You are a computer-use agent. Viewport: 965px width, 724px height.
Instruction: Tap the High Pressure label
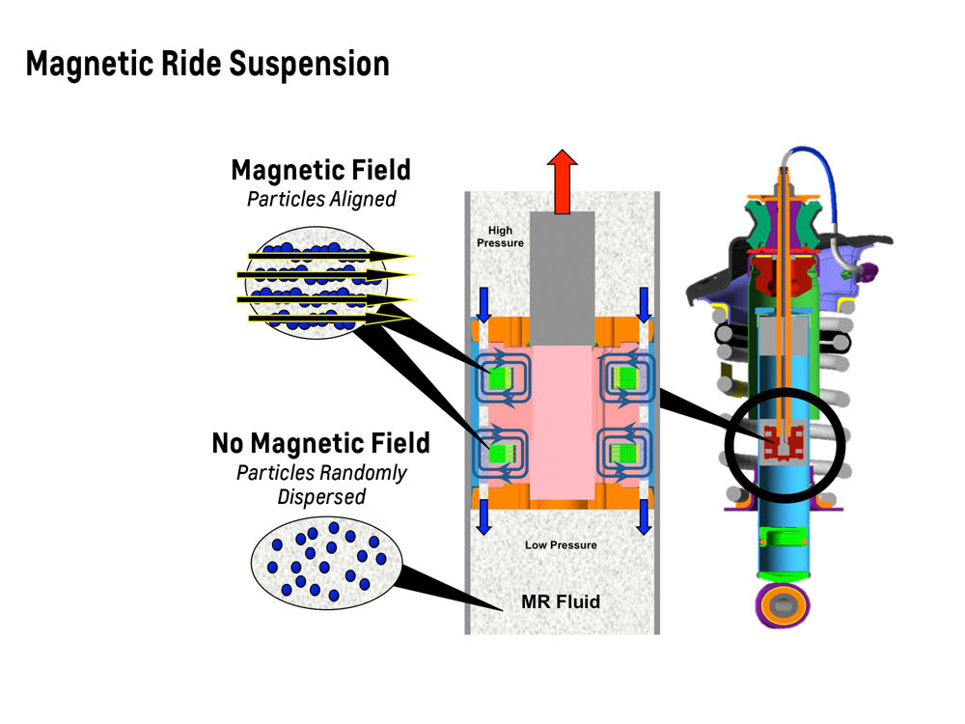pos(500,237)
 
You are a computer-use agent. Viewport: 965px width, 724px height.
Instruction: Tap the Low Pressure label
pos(561,545)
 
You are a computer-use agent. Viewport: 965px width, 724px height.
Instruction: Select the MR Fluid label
pos(561,601)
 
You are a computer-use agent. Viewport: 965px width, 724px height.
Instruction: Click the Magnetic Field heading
pos(320,171)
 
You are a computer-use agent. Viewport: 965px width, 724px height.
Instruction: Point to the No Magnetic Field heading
pos(320,444)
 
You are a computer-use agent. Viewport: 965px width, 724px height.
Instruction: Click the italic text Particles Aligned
pos(320,200)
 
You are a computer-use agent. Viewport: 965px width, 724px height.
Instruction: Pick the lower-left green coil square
pos(502,451)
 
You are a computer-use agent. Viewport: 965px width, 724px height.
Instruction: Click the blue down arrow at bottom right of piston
pos(643,519)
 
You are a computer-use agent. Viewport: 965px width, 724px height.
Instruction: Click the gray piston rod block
pos(563,280)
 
